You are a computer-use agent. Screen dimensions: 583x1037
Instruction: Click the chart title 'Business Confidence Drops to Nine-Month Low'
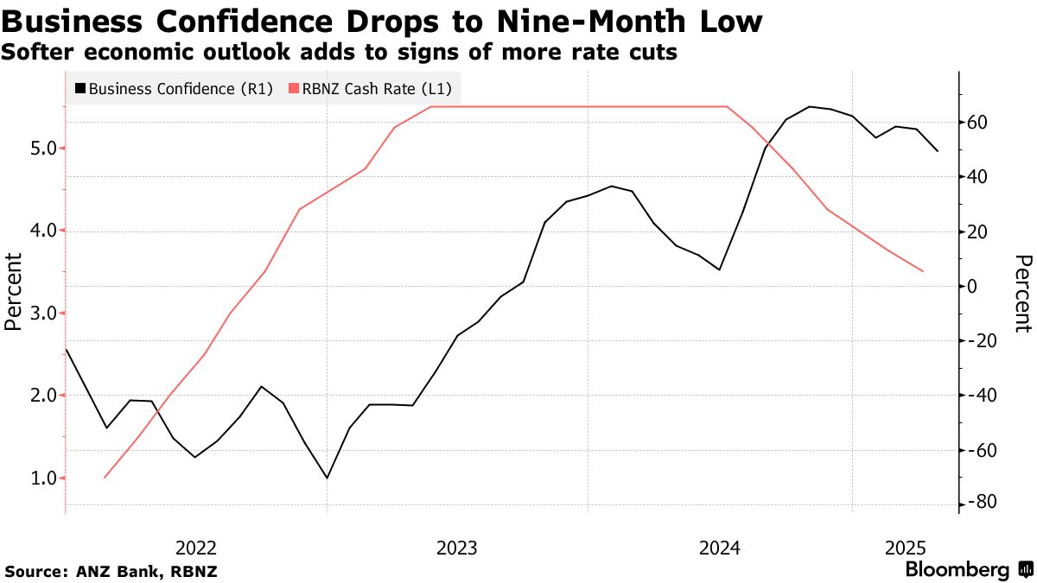[x=382, y=22]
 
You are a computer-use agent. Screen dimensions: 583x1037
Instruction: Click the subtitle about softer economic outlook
[x=339, y=53]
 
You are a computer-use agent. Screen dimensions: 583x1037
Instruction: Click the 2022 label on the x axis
[x=195, y=548]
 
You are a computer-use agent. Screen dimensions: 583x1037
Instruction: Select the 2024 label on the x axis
[x=720, y=548]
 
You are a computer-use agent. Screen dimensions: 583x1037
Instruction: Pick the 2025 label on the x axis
[x=906, y=548]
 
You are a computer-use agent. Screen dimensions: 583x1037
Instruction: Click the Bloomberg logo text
[x=957, y=570]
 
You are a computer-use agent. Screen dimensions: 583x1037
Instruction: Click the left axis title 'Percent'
[x=12, y=292]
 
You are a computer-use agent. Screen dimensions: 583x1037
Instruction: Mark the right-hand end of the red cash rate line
[x=923, y=271]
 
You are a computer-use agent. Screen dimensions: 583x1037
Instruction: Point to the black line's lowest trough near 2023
[x=327, y=478]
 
